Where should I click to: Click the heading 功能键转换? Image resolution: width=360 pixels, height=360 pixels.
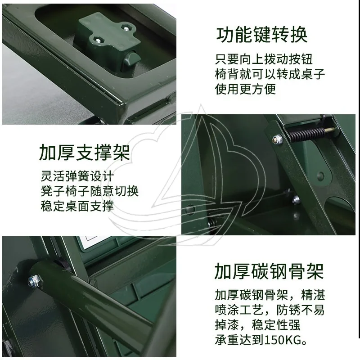261,35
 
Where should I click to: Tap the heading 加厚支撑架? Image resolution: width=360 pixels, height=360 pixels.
85,152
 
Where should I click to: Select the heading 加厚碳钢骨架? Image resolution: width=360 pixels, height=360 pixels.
269,271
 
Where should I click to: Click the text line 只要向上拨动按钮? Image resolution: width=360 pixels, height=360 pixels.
264,59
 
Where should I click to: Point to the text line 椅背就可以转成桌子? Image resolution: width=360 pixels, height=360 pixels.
270,74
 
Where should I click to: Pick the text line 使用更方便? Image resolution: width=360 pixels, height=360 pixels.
245,89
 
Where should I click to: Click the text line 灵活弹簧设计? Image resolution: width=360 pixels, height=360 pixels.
77,176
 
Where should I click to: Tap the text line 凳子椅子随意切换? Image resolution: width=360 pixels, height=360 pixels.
90,191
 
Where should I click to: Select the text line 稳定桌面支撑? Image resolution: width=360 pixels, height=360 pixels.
77,206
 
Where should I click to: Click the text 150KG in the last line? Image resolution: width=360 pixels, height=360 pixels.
283,340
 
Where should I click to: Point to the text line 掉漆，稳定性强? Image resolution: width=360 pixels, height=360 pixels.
257,325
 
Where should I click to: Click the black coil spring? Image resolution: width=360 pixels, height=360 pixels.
306,134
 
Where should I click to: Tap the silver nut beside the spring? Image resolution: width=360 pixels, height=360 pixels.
277,139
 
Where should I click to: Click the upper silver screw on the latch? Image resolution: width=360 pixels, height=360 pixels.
126,28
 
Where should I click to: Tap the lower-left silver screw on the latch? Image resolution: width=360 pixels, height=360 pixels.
98,40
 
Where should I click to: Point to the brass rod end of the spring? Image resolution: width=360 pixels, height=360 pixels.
331,129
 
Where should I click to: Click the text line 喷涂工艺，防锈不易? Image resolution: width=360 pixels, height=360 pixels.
270,310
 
